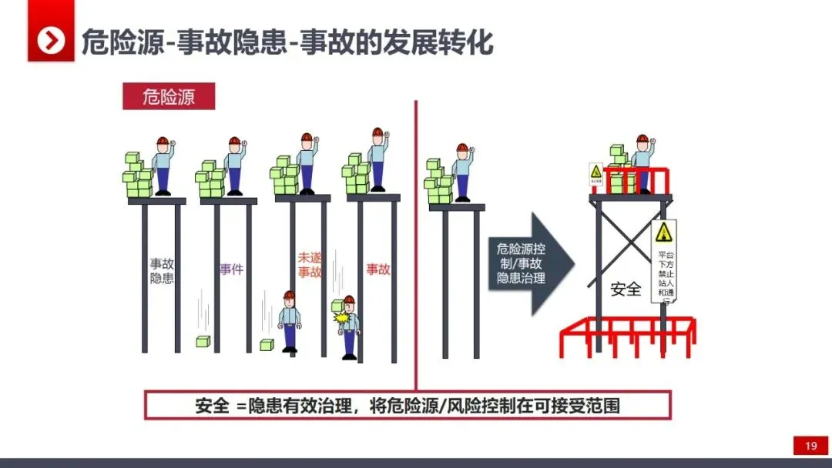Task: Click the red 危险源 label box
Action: point(169,97)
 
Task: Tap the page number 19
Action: point(810,446)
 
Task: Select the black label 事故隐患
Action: point(162,270)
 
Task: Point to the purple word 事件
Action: point(231,269)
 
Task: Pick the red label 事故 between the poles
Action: point(377,269)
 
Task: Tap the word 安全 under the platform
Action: point(626,289)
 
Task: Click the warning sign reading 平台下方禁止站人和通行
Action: point(664,262)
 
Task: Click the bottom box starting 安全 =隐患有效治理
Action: point(408,406)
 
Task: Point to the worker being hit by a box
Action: point(348,326)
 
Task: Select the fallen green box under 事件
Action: point(203,342)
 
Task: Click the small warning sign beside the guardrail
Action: point(595,175)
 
